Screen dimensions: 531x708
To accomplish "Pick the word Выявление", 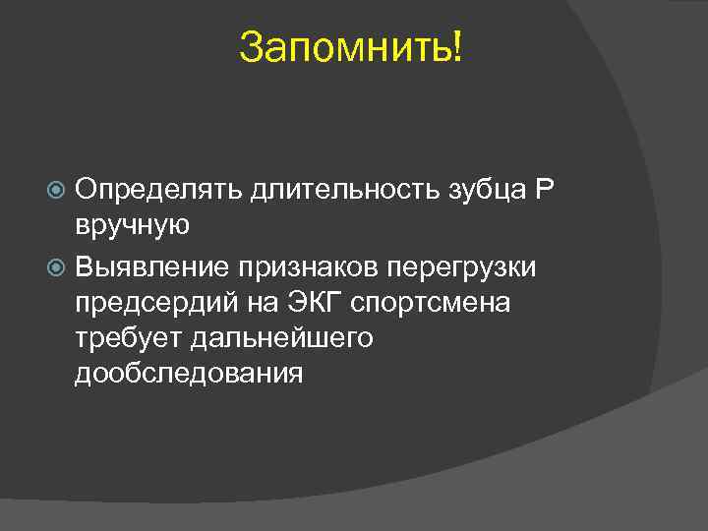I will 154,265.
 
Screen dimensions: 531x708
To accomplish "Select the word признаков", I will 311,265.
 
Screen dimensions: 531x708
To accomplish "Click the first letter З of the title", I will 249,47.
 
